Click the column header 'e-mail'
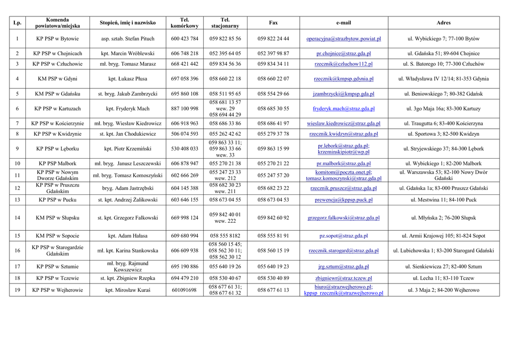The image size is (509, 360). [x=343, y=23]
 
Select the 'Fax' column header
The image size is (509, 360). [x=273, y=23]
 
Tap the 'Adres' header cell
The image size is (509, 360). [x=443, y=23]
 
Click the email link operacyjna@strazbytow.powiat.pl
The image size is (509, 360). [x=343, y=39]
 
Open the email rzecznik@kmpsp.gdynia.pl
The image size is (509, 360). [x=343, y=79]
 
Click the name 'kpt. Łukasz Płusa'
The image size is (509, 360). [x=128, y=79]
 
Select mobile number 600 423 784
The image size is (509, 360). [x=184, y=39]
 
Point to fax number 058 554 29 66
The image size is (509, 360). [x=273, y=94]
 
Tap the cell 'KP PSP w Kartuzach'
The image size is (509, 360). [x=57, y=108]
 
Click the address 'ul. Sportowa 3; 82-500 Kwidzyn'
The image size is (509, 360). [x=443, y=134]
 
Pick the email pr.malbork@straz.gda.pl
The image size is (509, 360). [x=343, y=164]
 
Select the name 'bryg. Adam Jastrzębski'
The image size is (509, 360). [x=128, y=188]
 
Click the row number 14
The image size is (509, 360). [x=17, y=218]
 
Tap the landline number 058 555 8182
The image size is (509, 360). [x=225, y=236]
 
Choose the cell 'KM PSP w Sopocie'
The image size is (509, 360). [x=57, y=236]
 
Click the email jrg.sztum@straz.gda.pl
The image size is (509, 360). [x=343, y=267]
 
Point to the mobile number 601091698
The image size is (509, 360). [x=184, y=290]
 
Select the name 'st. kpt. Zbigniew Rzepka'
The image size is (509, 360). [x=128, y=278]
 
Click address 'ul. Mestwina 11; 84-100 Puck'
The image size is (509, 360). [x=443, y=200]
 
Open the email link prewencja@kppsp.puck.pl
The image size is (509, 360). [x=343, y=200]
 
